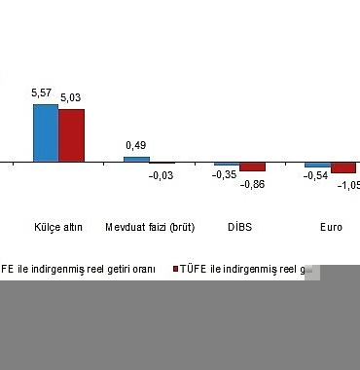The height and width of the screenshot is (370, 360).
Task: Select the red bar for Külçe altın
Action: (x=71, y=135)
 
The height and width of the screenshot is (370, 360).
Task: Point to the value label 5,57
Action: (x=42, y=93)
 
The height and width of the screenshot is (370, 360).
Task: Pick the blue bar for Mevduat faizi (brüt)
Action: (x=136, y=159)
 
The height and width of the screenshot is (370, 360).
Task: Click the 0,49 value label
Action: (x=136, y=146)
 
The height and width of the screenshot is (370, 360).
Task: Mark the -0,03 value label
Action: (x=161, y=175)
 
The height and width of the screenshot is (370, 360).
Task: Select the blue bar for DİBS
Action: (x=226, y=164)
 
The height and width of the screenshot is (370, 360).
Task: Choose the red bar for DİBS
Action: (x=252, y=166)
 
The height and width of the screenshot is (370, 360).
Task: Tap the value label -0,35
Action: (x=225, y=174)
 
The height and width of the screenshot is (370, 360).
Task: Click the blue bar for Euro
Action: (x=316, y=165)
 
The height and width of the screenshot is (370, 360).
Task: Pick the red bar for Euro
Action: (x=343, y=167)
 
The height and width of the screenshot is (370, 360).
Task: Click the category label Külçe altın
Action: (x=57, y=228)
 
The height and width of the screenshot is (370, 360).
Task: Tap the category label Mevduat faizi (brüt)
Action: (x=150, y=228)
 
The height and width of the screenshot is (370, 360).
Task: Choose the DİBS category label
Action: (x=239, y=228)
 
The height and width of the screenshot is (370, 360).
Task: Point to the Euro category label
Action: (x=331, y=228)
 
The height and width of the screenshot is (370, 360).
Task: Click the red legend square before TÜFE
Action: (x=175, y=269)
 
